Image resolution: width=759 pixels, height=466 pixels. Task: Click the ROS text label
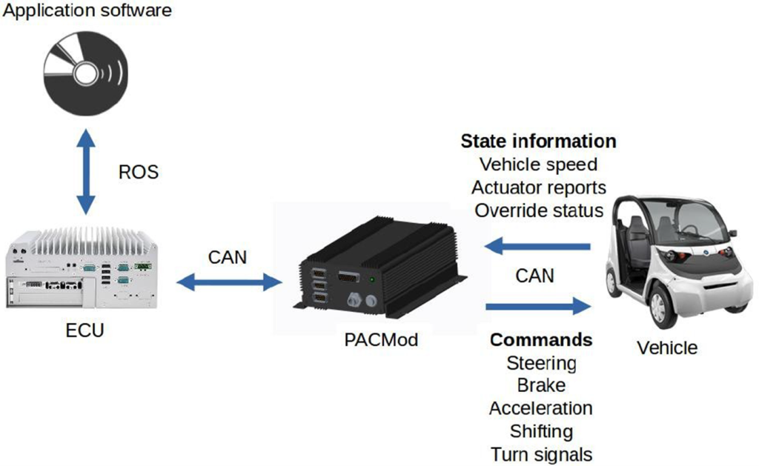(x=139, y=172)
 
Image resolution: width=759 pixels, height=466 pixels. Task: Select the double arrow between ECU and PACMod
(x=230, y=281)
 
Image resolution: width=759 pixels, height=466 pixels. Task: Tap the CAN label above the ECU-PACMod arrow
(x=228, y=256)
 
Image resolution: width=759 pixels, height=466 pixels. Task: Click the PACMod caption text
(x=381, y=340)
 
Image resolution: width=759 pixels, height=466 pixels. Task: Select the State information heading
(x=538, y=141)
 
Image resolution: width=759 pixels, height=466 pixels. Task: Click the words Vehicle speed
(x=538, y=164)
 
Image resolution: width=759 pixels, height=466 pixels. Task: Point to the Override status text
(x=539, y=210)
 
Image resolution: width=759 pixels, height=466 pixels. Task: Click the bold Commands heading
(x=541, y=340)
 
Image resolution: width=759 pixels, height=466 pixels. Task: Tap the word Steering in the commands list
(x=541, y=363)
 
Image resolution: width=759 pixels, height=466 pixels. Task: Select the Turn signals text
(x=541, y=453)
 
